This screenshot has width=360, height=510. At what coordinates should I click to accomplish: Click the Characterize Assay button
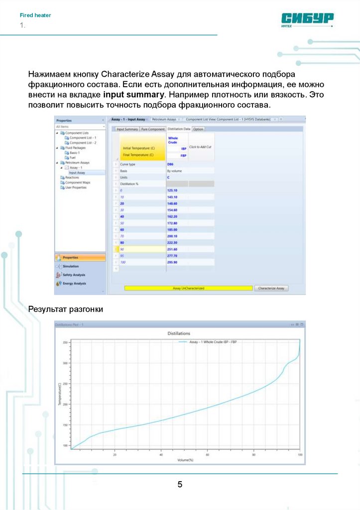tap(271, 288)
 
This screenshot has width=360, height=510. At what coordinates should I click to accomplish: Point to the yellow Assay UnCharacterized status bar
tap(188, 288)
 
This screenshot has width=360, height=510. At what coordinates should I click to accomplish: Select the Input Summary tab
tap(127, 129)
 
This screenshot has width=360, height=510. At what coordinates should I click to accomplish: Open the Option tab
tap(198, 129)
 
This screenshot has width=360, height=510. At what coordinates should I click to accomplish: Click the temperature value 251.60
tap(172, 249)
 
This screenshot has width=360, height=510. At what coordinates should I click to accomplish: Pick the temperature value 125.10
tap(172, 190)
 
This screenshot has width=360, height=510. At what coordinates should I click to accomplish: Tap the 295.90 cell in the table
tap(172, 262)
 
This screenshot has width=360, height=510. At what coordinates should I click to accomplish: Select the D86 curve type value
tap(170, 164)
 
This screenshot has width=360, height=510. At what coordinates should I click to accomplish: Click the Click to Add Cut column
tap(201, 147)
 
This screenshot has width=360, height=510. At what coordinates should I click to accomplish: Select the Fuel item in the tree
tap(73, 157)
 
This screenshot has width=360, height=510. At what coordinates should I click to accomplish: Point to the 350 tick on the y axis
tap(65, 343)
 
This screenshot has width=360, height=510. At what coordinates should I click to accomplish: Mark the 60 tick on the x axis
tap(207, 454)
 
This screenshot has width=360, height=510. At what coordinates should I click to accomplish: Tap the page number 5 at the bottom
tap(180, 484)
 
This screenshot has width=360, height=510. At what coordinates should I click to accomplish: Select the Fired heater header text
tap(35, 15)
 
